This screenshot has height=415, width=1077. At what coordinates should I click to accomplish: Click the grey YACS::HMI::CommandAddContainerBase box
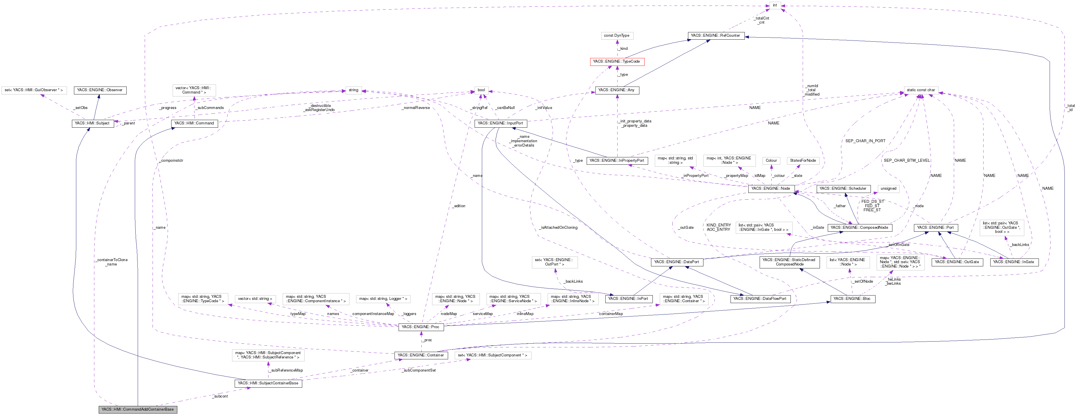tap(137, 409)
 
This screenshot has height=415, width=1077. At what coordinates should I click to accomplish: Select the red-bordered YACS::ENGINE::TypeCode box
tap(616, 61)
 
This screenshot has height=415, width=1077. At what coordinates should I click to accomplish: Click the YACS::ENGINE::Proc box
tap(421, 327)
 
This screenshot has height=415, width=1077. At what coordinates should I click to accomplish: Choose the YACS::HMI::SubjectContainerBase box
tap(268, 383)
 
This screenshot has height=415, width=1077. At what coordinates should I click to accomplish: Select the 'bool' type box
tap(481, 90)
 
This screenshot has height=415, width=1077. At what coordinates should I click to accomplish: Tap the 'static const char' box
tap(921, 90)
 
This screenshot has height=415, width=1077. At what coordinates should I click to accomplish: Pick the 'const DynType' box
tap(616, 36)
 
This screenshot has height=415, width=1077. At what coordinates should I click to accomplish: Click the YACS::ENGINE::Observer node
tap(100, 90)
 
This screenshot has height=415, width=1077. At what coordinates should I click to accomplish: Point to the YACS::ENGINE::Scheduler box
tap(843, 189)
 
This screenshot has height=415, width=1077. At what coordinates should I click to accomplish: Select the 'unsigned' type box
tap(888, 189)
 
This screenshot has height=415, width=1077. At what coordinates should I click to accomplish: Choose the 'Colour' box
tap(771, 161)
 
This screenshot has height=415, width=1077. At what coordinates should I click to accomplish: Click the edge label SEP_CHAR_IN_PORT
tap(865, 141)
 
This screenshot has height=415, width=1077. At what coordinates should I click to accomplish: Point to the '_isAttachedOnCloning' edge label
tap(558, 228)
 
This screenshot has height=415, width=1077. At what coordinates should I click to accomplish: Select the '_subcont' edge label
tap(220, 396)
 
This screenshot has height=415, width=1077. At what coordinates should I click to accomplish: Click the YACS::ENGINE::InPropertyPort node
tap(617, 161)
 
